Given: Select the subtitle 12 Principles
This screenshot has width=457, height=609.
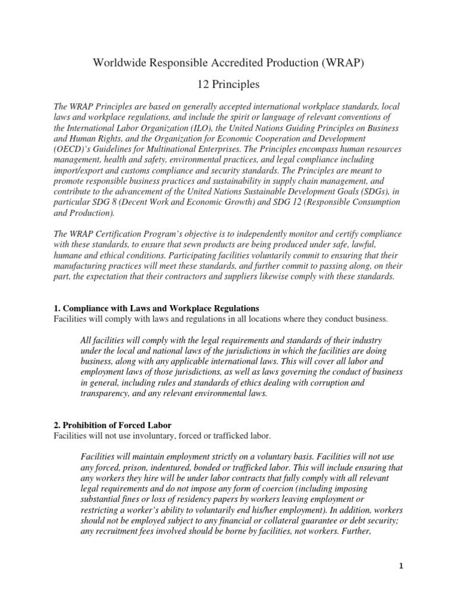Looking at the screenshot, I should [x=228, y=85].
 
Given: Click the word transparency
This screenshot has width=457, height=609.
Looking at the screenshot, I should [x=105, y=394].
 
